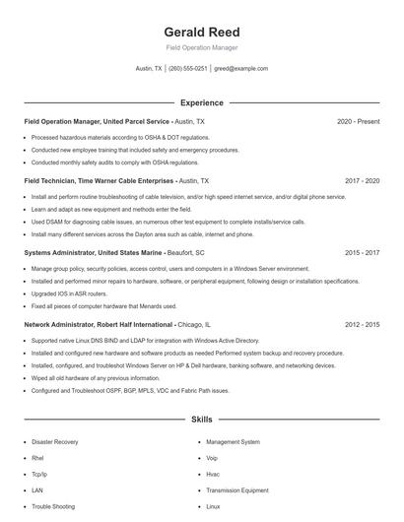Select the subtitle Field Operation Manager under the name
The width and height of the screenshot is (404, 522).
(201, 47)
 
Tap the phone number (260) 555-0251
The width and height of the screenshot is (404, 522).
(188, 69)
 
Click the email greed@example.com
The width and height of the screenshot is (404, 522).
(240, 69)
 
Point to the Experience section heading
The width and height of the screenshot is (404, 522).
(201, 102)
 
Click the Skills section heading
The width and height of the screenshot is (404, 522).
(201, 420)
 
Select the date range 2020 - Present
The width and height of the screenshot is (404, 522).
(358, 121)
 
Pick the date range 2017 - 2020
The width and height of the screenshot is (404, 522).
(362, 181)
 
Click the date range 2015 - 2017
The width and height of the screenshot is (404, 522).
(362, 252)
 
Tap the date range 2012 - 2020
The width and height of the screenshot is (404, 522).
(362, 324)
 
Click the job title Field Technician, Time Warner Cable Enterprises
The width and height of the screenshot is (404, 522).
(99, 181)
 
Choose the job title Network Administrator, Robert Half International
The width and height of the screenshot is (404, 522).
(99, 324)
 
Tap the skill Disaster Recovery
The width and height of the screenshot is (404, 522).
(55, 442)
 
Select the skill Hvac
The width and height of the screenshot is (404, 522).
(214, 474)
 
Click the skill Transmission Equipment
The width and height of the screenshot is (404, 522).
(237, 489)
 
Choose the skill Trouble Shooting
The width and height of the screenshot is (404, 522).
(53, 506)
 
